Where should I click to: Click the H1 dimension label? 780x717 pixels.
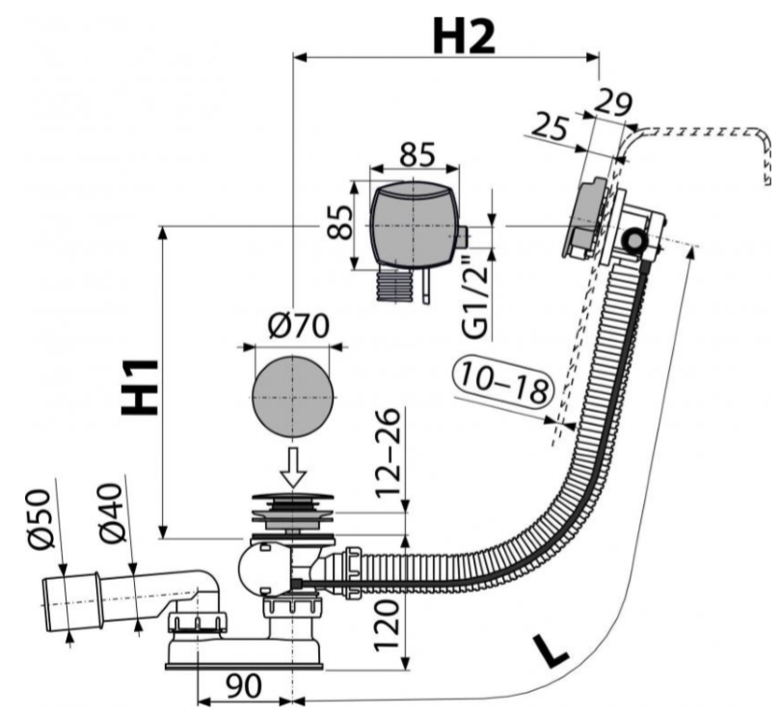(141, 386)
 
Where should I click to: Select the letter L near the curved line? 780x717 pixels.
(551, 653)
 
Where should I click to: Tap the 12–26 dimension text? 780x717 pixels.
(388, 454)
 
